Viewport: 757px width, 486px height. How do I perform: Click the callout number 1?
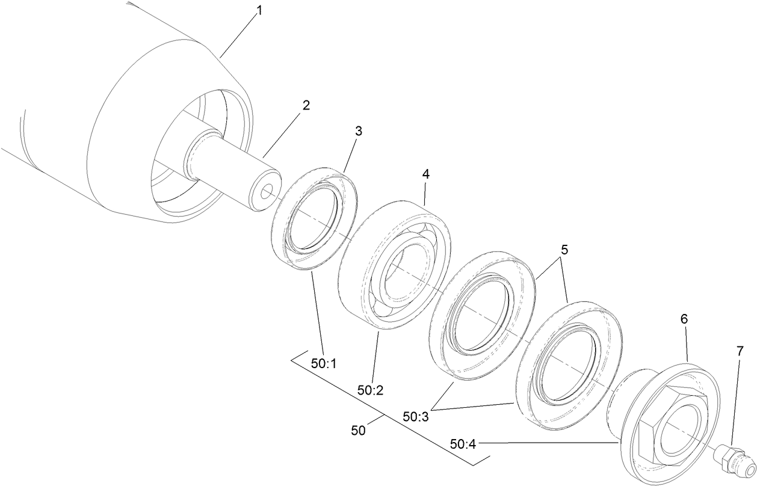(x=259, y=11)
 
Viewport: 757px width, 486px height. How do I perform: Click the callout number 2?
(x=306, y=105)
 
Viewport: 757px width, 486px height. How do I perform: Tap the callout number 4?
(x=425, y=174)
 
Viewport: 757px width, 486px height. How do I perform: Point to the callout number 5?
(x=564, y=248)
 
